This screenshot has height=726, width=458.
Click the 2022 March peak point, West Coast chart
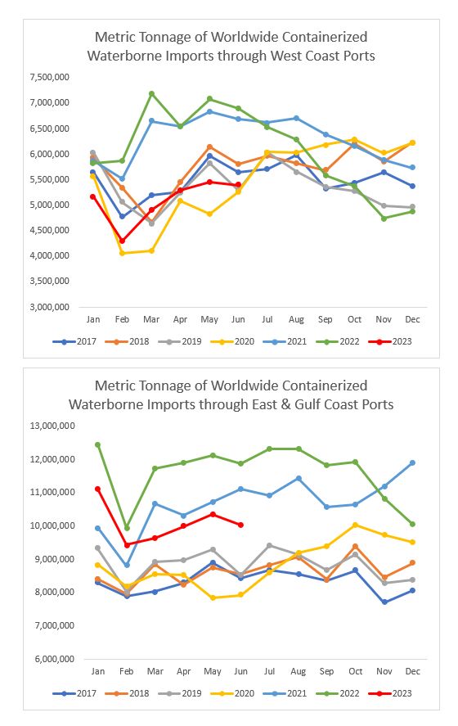(151, 93)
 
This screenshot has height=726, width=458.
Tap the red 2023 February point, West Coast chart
(122, 241)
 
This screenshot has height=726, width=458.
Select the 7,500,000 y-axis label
(50, 77)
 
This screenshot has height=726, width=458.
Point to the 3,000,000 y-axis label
(50, 307)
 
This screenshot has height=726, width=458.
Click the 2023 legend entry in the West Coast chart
(390, 341)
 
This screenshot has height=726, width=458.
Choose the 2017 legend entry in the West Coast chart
(74, 341)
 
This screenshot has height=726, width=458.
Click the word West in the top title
(286, 56)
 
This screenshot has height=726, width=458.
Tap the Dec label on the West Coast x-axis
(412, 319)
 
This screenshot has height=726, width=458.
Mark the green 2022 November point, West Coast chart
(384, 219)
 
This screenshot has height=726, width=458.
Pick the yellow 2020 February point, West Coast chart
(122, 253)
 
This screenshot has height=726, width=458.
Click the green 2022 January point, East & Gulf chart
(97, 445)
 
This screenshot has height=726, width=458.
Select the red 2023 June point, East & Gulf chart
(240, 525)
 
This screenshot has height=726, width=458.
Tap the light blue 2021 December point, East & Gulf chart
(412, 463)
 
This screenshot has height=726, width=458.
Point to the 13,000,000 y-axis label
(52, 426)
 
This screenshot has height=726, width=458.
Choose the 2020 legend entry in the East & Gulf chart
(232, 693)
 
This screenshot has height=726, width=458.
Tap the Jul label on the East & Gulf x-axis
(269, 671)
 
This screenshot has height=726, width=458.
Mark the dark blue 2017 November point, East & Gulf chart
(384, 602)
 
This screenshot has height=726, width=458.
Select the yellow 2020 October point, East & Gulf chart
(355, 525)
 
